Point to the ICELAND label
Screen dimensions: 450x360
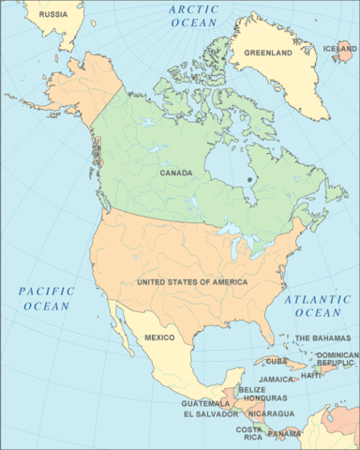click(x=339, y=49)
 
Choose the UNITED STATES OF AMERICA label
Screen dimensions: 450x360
click(x=191, y=282)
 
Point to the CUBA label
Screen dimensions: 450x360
click(x=276, y=361)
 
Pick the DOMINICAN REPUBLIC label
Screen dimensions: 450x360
click(x=337, y=360)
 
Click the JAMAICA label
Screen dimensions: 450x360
click(x=276, y=380)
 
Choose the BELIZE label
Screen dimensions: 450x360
click(x=252, y=389)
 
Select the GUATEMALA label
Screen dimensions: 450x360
click(x=205, y=403)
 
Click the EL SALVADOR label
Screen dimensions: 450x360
click(x=213, y=413)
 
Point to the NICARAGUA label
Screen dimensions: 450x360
click(x=272, y=413)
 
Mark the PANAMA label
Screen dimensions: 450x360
click(x=285, y=434)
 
